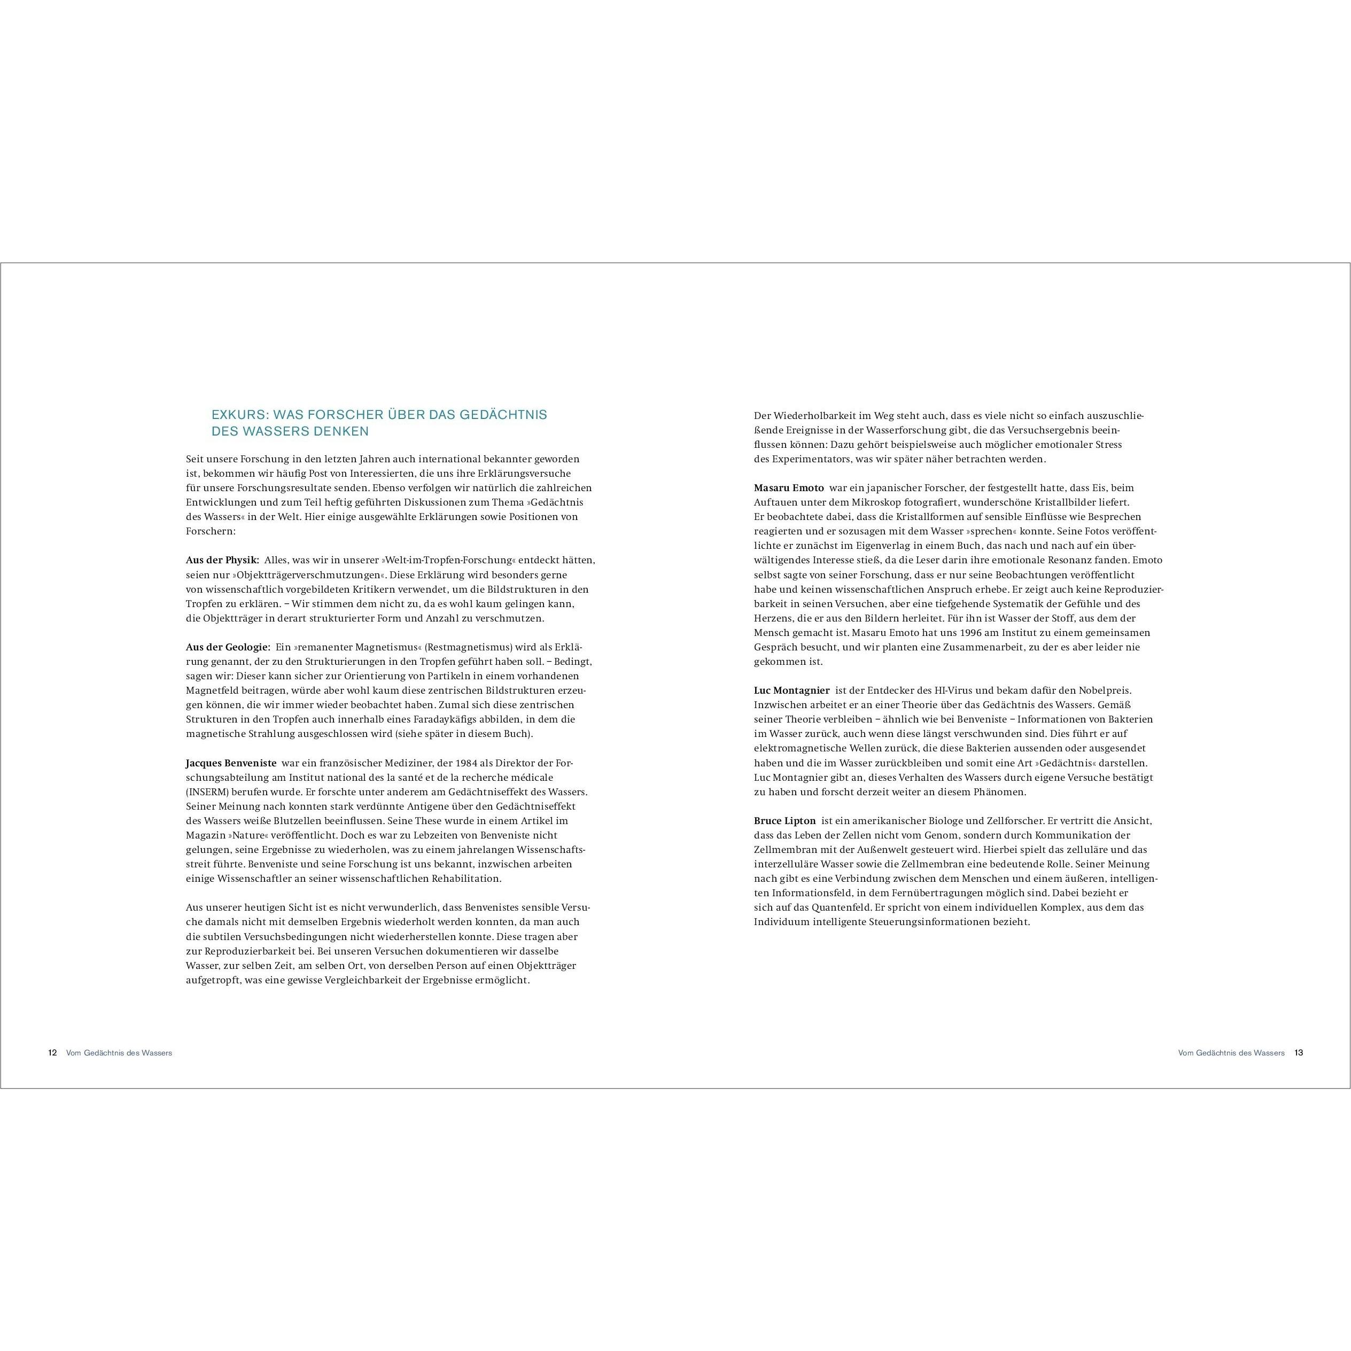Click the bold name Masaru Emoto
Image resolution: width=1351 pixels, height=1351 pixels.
tap(789, 487)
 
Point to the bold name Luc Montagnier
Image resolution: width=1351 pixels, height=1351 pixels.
tap(791, 690)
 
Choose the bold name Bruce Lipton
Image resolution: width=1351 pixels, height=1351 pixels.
tap(785, 820)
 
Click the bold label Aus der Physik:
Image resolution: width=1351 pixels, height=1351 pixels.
tap(222, 560)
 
